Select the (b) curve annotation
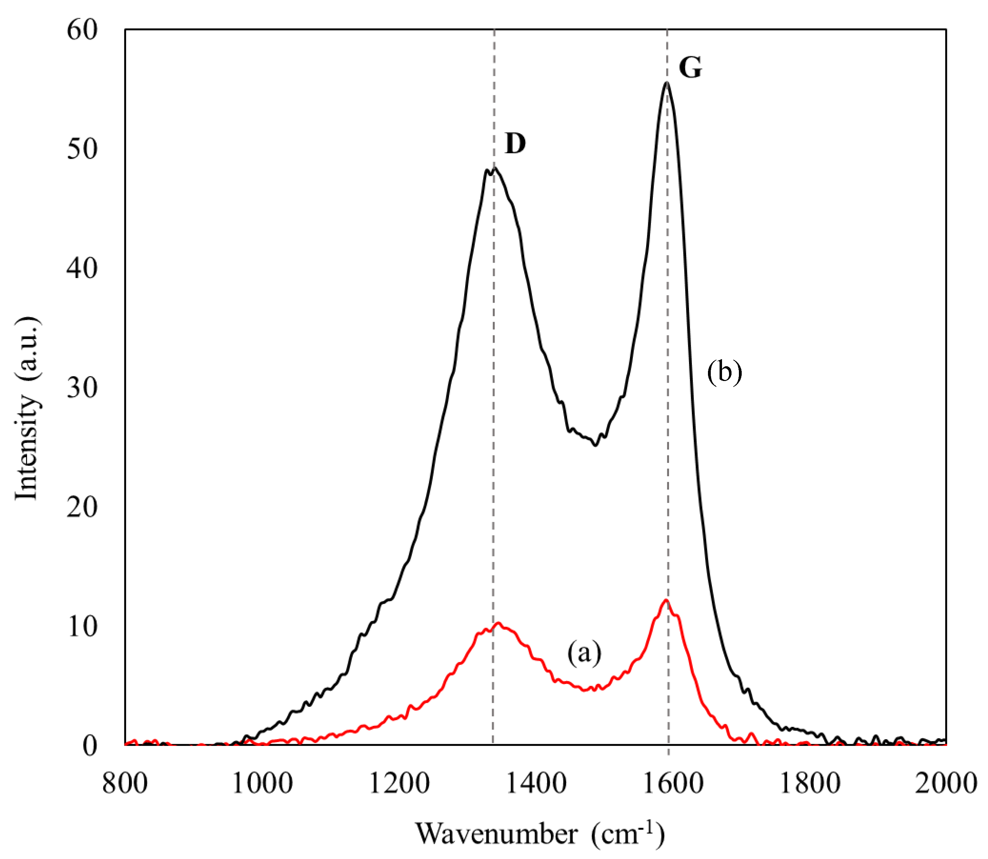click(x=724, y=372)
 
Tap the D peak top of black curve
click(x=494, y=168)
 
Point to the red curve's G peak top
click(x=665, y=600)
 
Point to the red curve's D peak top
click(x=499, y=623)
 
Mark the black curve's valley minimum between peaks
click(x=595, y=445)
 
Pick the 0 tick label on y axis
click(x=90, y=746)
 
